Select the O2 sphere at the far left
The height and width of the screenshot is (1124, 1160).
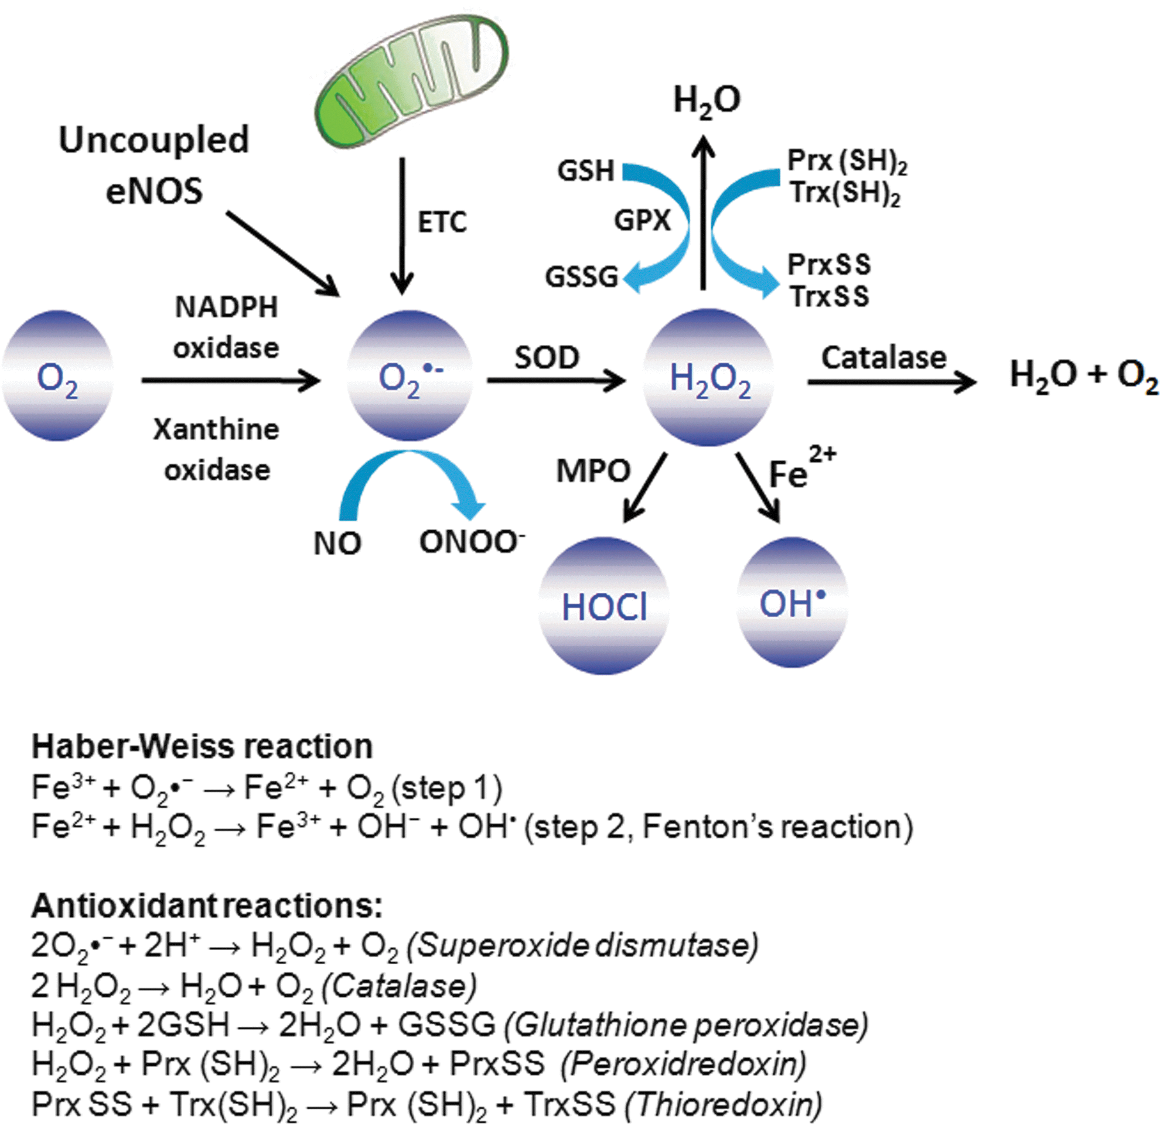point(57,375)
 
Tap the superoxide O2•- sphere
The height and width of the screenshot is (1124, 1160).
point(410,375)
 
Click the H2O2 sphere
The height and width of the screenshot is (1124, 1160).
point(708,377)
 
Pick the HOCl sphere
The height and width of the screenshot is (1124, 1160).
point(603,605)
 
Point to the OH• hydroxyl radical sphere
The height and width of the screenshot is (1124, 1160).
point(793,602)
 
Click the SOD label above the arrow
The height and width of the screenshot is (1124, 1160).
point(547,357)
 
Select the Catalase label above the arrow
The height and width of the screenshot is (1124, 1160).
point(884,357)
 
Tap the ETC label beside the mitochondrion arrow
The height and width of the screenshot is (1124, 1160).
point(442,223)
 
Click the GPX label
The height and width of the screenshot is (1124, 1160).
point(643,221)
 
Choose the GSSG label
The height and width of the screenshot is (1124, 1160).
point(582,277)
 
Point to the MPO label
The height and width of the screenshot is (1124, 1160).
point(593,472)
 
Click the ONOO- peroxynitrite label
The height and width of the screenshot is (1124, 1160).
point(472,542)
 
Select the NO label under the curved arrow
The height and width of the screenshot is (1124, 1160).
point(337,543)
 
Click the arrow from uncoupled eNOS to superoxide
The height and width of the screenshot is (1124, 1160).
point(283,254)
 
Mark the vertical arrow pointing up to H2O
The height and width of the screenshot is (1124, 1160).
point(703,213)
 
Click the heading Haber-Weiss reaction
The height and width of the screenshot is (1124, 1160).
point(202,747)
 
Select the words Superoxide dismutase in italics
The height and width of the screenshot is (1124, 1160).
point(583,945)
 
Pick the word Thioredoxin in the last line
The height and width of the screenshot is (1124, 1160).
point(724,1104)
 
